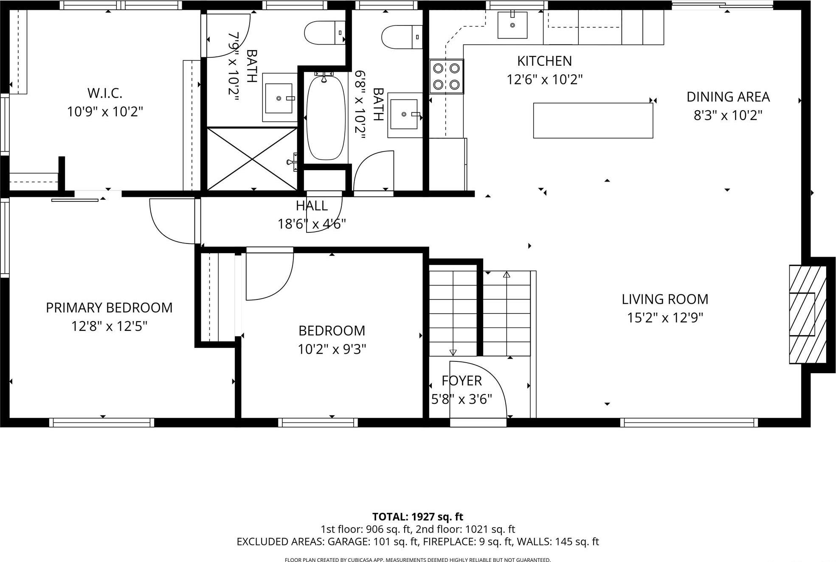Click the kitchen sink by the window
pos(512,25)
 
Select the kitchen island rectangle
pos(593,120)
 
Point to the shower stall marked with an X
pos(252,159)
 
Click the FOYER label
pos(462,381)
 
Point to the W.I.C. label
pos(104,93)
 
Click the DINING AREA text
pos(728,97)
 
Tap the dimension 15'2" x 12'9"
pos(665,318)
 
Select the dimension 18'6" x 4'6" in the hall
pos(312,224)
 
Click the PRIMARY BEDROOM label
pos(109,308)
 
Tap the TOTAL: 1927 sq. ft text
pos(417,517)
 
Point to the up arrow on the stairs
pos(506,275)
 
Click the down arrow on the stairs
pos(453,352)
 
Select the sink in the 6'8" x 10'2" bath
pos(404,114)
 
